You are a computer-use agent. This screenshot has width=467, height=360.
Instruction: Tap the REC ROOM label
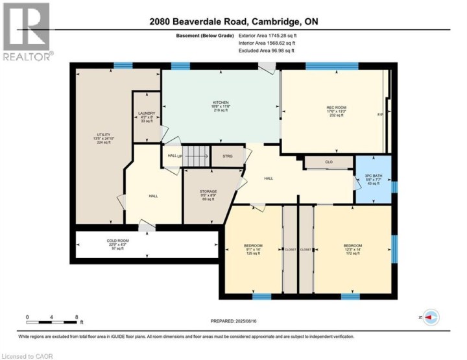(335, 108)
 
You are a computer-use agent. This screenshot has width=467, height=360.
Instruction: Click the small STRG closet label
(227, 156)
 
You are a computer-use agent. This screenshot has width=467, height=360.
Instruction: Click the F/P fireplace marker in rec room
(380, 115)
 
